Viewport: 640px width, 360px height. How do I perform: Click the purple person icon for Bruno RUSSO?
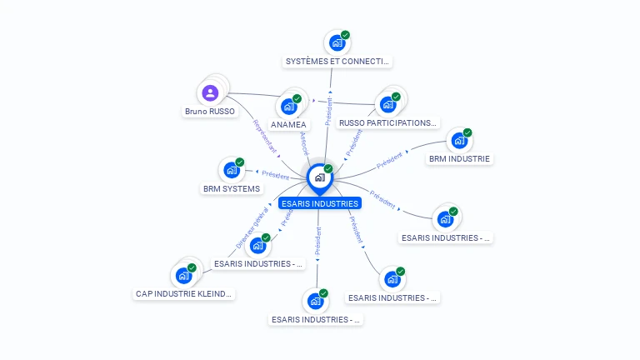point(210,92)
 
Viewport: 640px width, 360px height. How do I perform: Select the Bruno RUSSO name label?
point(210,111)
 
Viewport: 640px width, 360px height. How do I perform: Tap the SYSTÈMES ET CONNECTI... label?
point(337,62)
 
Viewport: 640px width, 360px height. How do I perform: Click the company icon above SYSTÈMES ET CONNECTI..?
point(337,42)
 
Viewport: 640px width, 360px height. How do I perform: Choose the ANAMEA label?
point(288,124)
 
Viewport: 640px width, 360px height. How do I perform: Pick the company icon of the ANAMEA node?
point(289,106)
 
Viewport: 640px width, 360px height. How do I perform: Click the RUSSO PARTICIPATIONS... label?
point(387,123)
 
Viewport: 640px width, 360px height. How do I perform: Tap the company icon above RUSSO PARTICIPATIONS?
point(387,104)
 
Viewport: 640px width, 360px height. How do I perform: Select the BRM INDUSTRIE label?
point(460,158)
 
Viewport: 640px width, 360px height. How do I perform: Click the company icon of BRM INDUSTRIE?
point(459,140)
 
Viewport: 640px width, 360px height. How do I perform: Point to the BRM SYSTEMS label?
point(232,189)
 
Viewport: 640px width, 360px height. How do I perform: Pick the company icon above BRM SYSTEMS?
point(232,170)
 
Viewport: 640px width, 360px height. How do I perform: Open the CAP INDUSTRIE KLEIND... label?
point(184,294)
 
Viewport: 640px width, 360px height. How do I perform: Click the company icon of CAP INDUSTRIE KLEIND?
point(183,275)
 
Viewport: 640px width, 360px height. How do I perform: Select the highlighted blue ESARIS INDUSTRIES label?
point(320,203)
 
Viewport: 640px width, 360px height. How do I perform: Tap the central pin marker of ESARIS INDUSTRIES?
point(319,177)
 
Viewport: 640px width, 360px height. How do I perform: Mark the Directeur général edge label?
point(252,227)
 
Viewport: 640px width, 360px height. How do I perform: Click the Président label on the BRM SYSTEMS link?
point(276,175)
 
